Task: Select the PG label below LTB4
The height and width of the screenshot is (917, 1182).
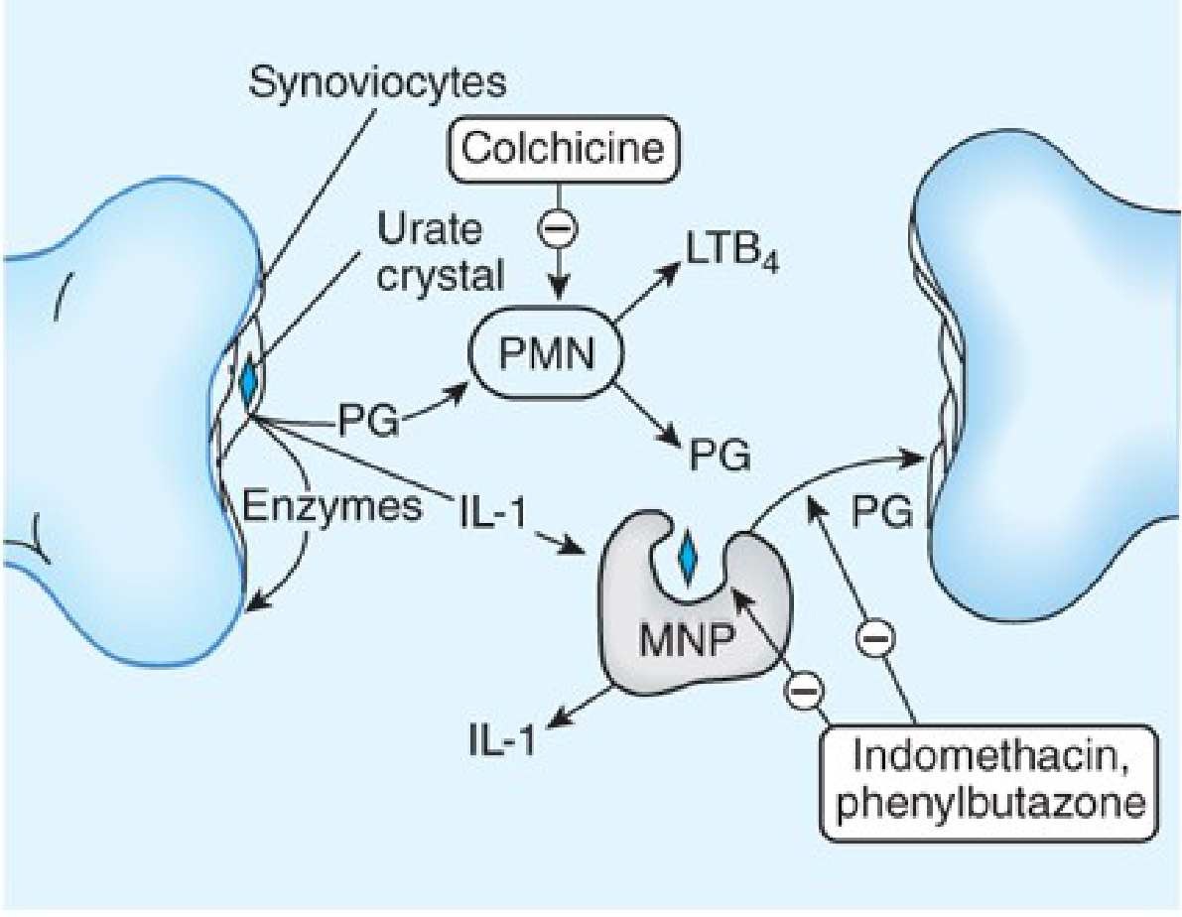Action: coord(717,457)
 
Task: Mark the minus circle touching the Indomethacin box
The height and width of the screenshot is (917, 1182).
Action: coord(805,689)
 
